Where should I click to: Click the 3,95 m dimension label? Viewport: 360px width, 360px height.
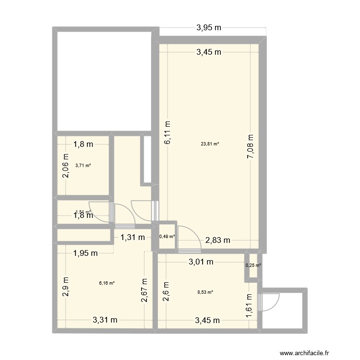tap(209, 28)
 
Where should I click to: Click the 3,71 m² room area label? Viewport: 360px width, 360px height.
tap(83, 166)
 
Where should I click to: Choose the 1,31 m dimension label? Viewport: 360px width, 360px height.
tap(132, 237)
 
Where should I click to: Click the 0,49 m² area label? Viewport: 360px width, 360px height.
tap(167, 236)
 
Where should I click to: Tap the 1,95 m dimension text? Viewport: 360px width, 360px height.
tap(85, 253)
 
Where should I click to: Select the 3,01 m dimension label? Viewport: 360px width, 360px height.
tap(201, 262)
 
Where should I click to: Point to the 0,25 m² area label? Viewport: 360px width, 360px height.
tap(253, 265)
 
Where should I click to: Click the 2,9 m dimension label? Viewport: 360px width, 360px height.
tap(65, 287)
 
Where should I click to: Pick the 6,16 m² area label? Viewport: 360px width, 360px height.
tap(107, 283)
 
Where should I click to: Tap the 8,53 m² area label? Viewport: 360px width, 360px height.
tap(205, 291)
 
